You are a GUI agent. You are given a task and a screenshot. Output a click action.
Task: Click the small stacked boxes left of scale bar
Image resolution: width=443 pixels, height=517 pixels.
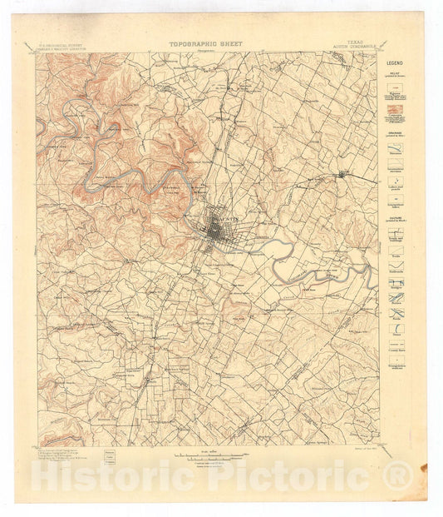tap(110, 456)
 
